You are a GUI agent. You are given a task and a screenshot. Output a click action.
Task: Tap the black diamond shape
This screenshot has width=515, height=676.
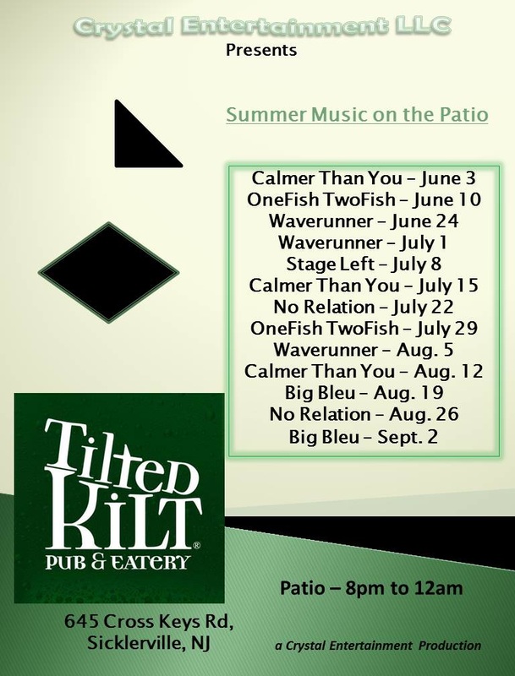point(109,272)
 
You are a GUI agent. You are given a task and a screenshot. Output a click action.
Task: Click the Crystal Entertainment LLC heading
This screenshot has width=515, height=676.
point(262,26)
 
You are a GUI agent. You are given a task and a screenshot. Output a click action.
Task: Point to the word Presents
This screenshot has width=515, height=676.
point(261,51)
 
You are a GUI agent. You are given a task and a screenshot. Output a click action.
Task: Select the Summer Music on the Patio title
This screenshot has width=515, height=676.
point(357,115)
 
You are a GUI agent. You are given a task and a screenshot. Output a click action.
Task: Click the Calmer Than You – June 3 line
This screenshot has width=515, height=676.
point(364,178)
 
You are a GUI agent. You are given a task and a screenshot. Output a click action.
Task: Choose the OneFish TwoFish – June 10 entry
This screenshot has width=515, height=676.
point(364,199)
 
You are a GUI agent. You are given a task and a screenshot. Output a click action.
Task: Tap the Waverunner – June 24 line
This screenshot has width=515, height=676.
point(364,221)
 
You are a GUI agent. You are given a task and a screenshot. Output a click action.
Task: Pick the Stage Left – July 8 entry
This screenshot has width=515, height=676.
point(364,264)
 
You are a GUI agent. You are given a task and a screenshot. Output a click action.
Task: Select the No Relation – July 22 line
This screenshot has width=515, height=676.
point(364,307)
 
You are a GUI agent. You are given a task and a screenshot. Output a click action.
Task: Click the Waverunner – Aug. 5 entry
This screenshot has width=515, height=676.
point(364,350)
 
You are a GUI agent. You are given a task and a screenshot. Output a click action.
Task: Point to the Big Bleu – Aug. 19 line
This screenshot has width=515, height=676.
point(364,393)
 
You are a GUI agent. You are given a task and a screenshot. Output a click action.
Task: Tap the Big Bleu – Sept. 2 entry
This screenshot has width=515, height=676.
point(364,436)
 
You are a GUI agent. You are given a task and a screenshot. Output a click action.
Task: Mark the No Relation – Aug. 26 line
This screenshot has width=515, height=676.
point(364,414)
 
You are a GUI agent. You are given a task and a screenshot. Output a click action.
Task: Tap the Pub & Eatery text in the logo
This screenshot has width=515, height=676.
point(118,562)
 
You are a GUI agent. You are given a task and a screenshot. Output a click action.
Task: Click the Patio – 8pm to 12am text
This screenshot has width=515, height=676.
point(371,588)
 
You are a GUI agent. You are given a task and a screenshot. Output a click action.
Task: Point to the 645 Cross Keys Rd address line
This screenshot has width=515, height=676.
point(149,622)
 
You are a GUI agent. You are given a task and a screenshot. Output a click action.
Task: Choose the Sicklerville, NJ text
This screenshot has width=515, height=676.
point(149,643)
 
